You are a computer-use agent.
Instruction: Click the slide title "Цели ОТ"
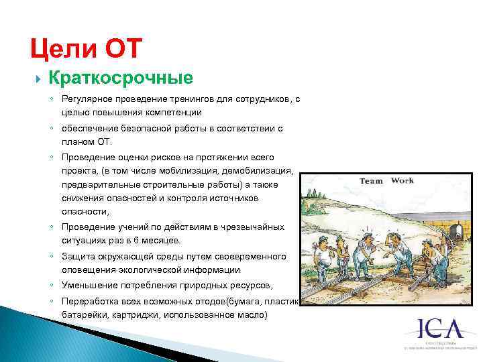87,49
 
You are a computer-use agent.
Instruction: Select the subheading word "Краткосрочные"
121,78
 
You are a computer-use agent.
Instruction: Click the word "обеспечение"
91,128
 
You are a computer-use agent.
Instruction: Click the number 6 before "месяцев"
151,240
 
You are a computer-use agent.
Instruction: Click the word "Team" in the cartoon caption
372,181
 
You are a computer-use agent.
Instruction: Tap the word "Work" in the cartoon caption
402,180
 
